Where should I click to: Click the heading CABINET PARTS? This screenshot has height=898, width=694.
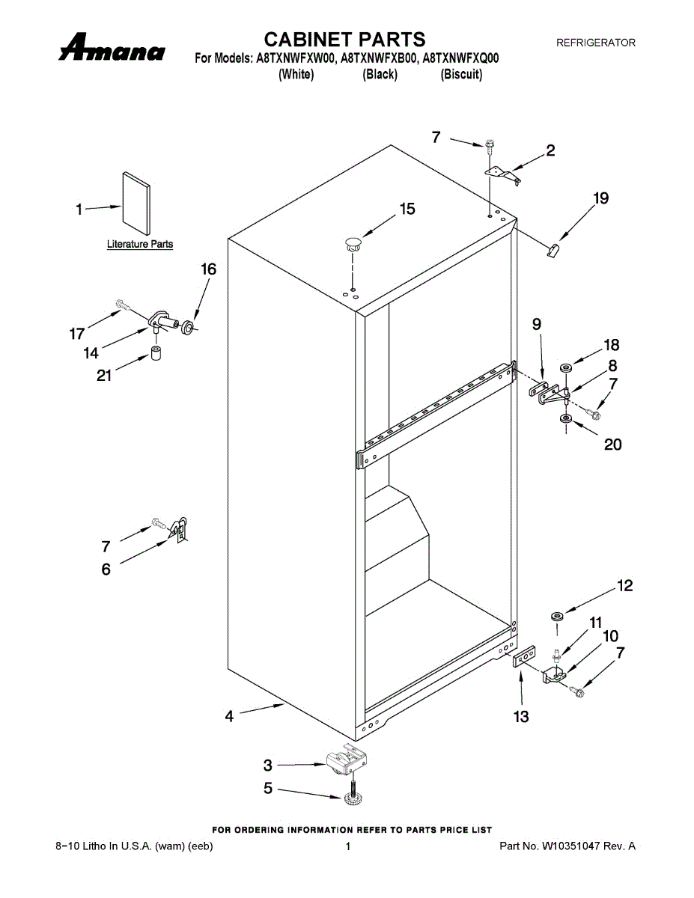point(345,39)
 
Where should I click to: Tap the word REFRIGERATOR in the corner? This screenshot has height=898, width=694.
point(595,43)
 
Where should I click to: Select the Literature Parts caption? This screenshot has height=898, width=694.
point(140,244)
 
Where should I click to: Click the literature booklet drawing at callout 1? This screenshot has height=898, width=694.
point(136,204)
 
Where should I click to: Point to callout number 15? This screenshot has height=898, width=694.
point(407,210)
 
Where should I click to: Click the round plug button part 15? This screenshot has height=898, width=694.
point(352,242)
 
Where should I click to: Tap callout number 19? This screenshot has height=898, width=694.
point(600,198)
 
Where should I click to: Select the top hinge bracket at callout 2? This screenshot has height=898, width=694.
point(503,174)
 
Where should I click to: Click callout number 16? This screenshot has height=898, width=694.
point(208,269)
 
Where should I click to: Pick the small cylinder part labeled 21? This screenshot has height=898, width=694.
point(156,354)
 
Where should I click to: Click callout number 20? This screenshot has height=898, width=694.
point(612,445)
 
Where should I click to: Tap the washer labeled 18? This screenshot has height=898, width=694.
point(566,367)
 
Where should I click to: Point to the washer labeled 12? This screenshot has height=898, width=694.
point(557,615)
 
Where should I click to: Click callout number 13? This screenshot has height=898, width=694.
point(521,717)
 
